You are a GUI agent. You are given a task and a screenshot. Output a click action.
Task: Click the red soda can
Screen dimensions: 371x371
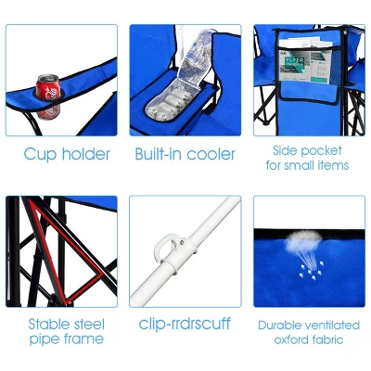(x=48, y=89)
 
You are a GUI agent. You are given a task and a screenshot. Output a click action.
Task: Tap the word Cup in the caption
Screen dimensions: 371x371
(x=41, y=155)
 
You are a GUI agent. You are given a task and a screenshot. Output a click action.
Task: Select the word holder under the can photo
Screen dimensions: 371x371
(x=85, y=155)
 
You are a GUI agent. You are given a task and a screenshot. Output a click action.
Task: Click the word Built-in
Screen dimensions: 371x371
(x=160, y=155)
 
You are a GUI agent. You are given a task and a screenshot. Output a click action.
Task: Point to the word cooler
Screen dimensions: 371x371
(x=211, y=155)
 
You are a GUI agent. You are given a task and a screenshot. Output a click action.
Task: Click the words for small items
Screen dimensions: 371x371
(x=307, y=165)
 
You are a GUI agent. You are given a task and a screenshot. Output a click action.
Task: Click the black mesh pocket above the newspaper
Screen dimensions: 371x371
(x=306, y=46)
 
